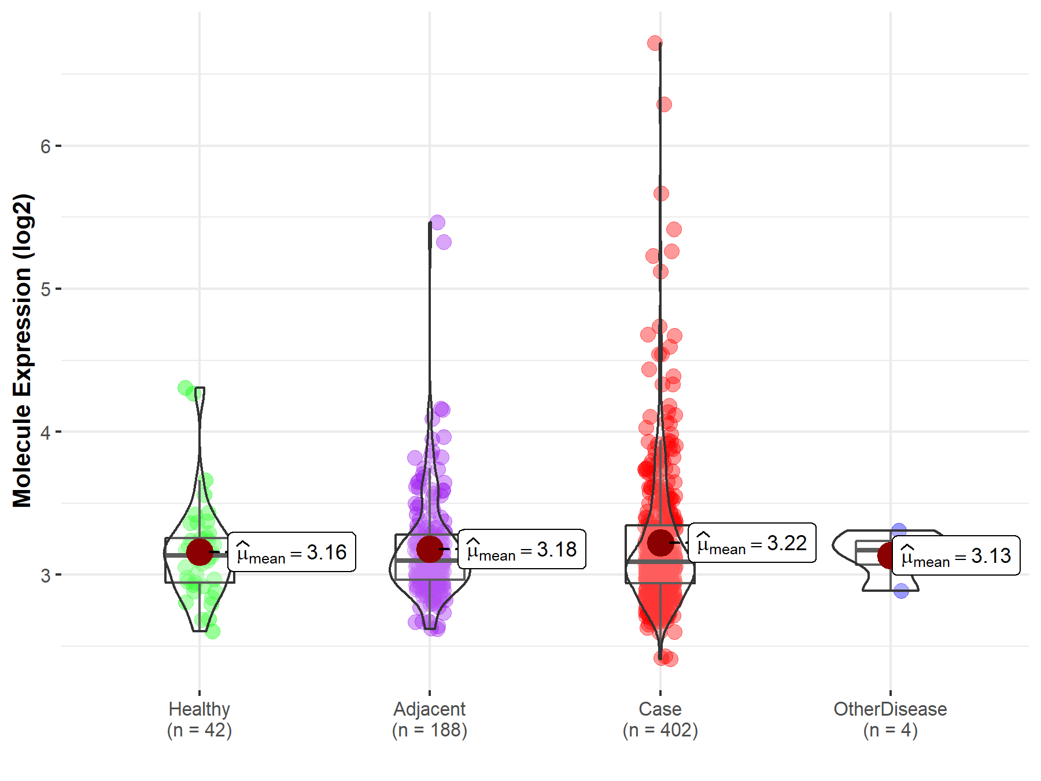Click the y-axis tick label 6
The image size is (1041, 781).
(x=45, y=146)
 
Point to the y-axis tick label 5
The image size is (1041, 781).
(x=45, y=289)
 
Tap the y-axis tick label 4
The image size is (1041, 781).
(x=45, y=432)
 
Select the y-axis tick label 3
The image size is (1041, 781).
(x=45, y=575)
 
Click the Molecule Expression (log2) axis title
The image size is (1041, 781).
(x=22, y=351)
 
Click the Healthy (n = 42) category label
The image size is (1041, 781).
(x=200, y=719)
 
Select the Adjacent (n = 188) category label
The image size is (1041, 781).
(x=430, y=719)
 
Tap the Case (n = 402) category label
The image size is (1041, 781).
(x=660, y=719)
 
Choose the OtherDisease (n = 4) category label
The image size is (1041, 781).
(x=890, y=719)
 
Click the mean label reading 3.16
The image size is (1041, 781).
(x=291, y=552)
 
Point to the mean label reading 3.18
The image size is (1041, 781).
(x=522, y=549)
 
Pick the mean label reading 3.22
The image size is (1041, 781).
(x=752, y=543)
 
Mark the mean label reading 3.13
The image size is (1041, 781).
(x=955, y=555)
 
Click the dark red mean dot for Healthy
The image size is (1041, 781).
(x=200, y=552)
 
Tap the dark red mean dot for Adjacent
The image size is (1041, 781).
(x=430, y=548)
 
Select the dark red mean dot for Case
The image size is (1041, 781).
(x=660, y=542)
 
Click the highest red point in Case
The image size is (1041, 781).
(x=655, y=43)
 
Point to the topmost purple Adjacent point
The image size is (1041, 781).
(x=437, y=222)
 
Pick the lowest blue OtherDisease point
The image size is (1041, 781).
(x=901, y=591)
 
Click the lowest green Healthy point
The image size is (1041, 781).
(x=213, y=632)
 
